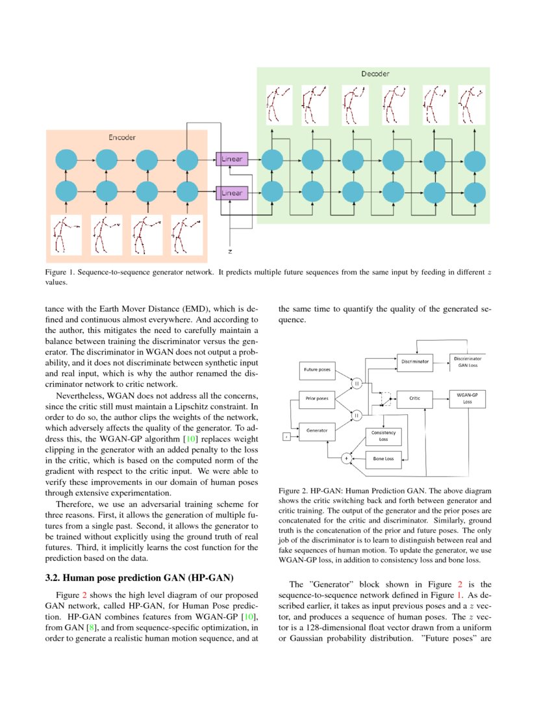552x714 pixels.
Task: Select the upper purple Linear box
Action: (232, 159)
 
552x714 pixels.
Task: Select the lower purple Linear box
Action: (232, 193)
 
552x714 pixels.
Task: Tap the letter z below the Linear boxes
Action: (230, 251)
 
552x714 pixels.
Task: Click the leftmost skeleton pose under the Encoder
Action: (66, 234)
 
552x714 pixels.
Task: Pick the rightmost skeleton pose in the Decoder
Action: (471, 103)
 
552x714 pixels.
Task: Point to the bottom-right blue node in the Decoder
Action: (475, 192)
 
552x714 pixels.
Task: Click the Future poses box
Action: (317, 370)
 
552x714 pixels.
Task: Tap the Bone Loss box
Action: (383, 459)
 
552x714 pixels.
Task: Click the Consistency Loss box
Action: (383, 436)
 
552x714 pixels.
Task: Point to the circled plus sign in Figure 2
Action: (345, 459)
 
